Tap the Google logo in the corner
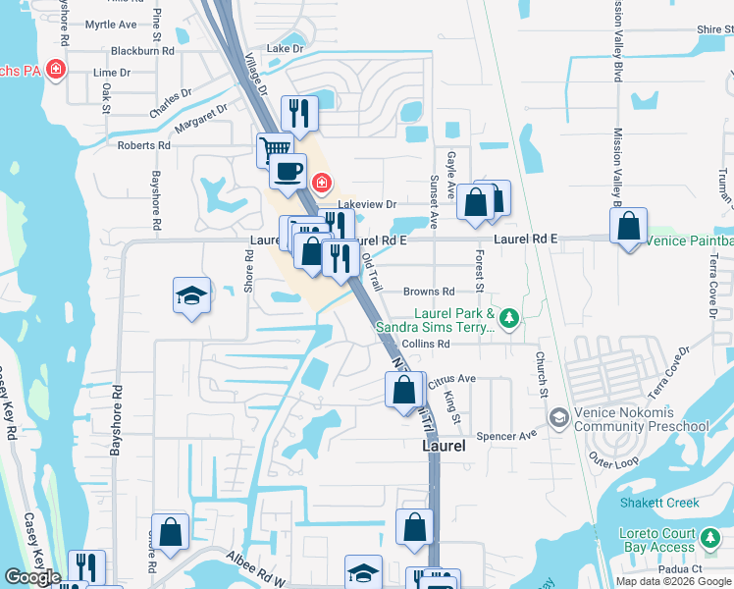[32, 577]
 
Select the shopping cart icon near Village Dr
[275, 150]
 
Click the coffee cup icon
[288, 171]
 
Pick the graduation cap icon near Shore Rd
[191, 294]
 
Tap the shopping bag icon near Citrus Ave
[404, 390]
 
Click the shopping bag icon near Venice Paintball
[628, 226]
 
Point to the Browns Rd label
[429, 292]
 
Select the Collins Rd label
[425, 345]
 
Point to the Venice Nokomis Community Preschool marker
[558, 418]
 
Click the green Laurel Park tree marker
[508, 317]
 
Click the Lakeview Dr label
[366, 204]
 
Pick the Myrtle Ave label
[111, 24]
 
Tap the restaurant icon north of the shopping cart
[300, 113]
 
